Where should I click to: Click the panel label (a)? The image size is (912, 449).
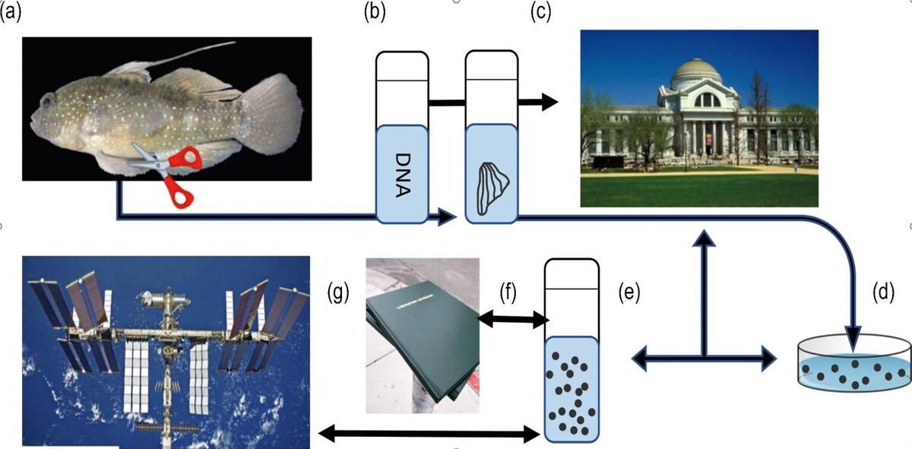click(11, 13)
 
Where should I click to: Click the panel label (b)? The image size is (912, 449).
click(375, 13)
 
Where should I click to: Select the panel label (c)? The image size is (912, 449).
click(541, 13)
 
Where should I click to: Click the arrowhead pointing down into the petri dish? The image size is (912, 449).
click(853, 337)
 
